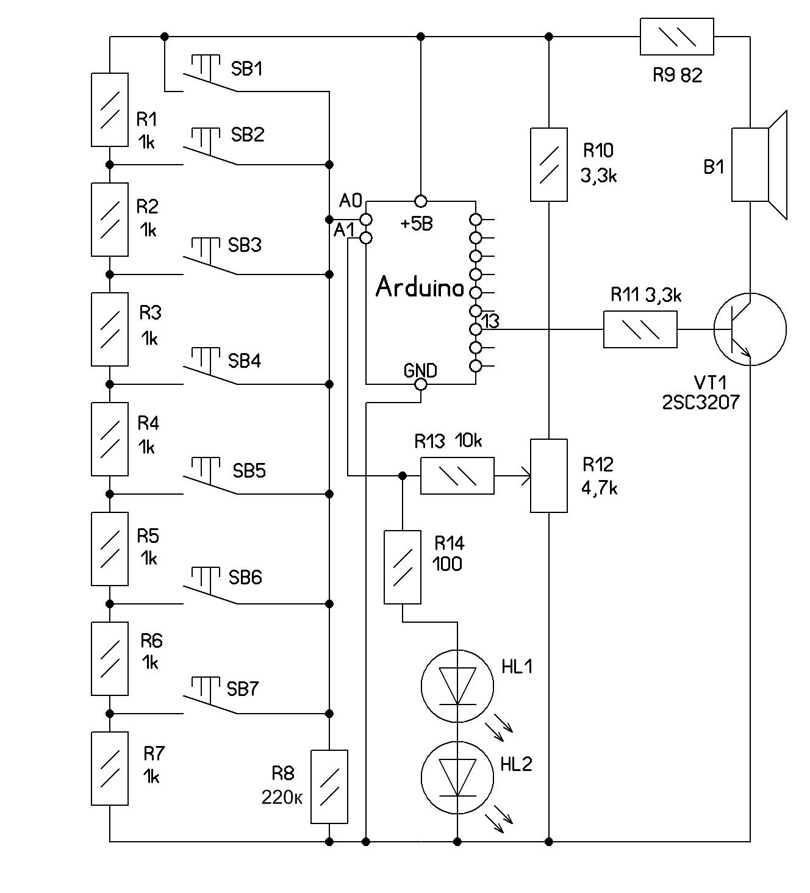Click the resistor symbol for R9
[676, 37]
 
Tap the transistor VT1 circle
[750, 329]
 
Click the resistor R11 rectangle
[640, 329]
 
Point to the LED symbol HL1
[457, 686]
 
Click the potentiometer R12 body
[549, 476]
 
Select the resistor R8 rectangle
[329, 787]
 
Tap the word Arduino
[420, 287]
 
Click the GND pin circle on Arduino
[420, 384]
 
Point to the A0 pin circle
[365, 219]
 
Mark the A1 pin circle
[365, 238]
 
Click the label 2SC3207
[700, 402]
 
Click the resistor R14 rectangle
[403, 567]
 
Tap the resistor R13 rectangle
[457, 476]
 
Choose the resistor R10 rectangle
[549, 164]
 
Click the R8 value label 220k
[282, 797]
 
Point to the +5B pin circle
[420, 201]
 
